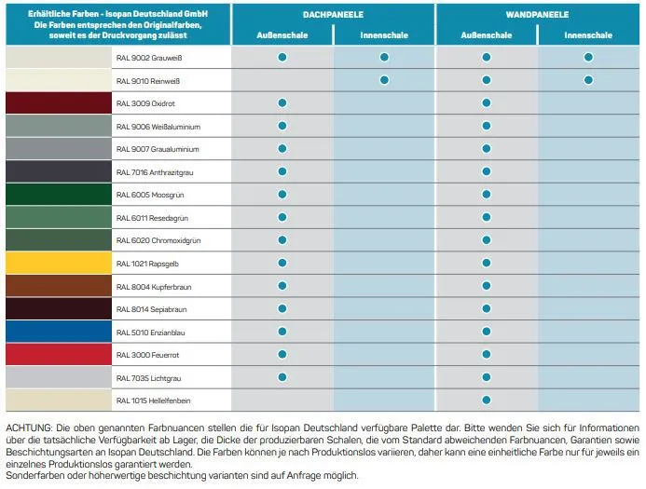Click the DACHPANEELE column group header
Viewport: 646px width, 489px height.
pos(333,15)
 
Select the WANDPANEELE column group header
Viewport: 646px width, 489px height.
pos(537,15)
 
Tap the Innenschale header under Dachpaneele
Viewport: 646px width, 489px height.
pos(384,35)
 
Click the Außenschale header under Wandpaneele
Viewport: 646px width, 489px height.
pos(487,35)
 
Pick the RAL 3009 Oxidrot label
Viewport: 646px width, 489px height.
pos(145,103)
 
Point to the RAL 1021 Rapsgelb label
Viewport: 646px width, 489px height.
pos(147,264)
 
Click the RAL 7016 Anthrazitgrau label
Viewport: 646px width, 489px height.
pos(155,172)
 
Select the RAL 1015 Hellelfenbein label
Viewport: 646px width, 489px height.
pos(153,401)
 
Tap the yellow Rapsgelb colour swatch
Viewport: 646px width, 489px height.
pos(59,263)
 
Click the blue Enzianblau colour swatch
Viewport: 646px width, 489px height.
pos(59,332)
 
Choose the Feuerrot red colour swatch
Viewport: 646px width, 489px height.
pos(59,354)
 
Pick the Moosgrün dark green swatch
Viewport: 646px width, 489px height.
pos(59,195)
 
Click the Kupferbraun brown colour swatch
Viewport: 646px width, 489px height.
pos(59,286)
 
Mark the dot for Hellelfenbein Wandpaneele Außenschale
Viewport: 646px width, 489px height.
pos(487,400)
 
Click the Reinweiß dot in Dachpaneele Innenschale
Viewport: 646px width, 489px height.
pos(384,80)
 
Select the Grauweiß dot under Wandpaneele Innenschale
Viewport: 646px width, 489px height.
pos(588,57)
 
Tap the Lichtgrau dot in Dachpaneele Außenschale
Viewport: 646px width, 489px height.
pos(282,377)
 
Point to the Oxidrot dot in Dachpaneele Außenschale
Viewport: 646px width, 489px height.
pos(282,102)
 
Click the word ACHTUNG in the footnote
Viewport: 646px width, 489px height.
pos(29,428)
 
